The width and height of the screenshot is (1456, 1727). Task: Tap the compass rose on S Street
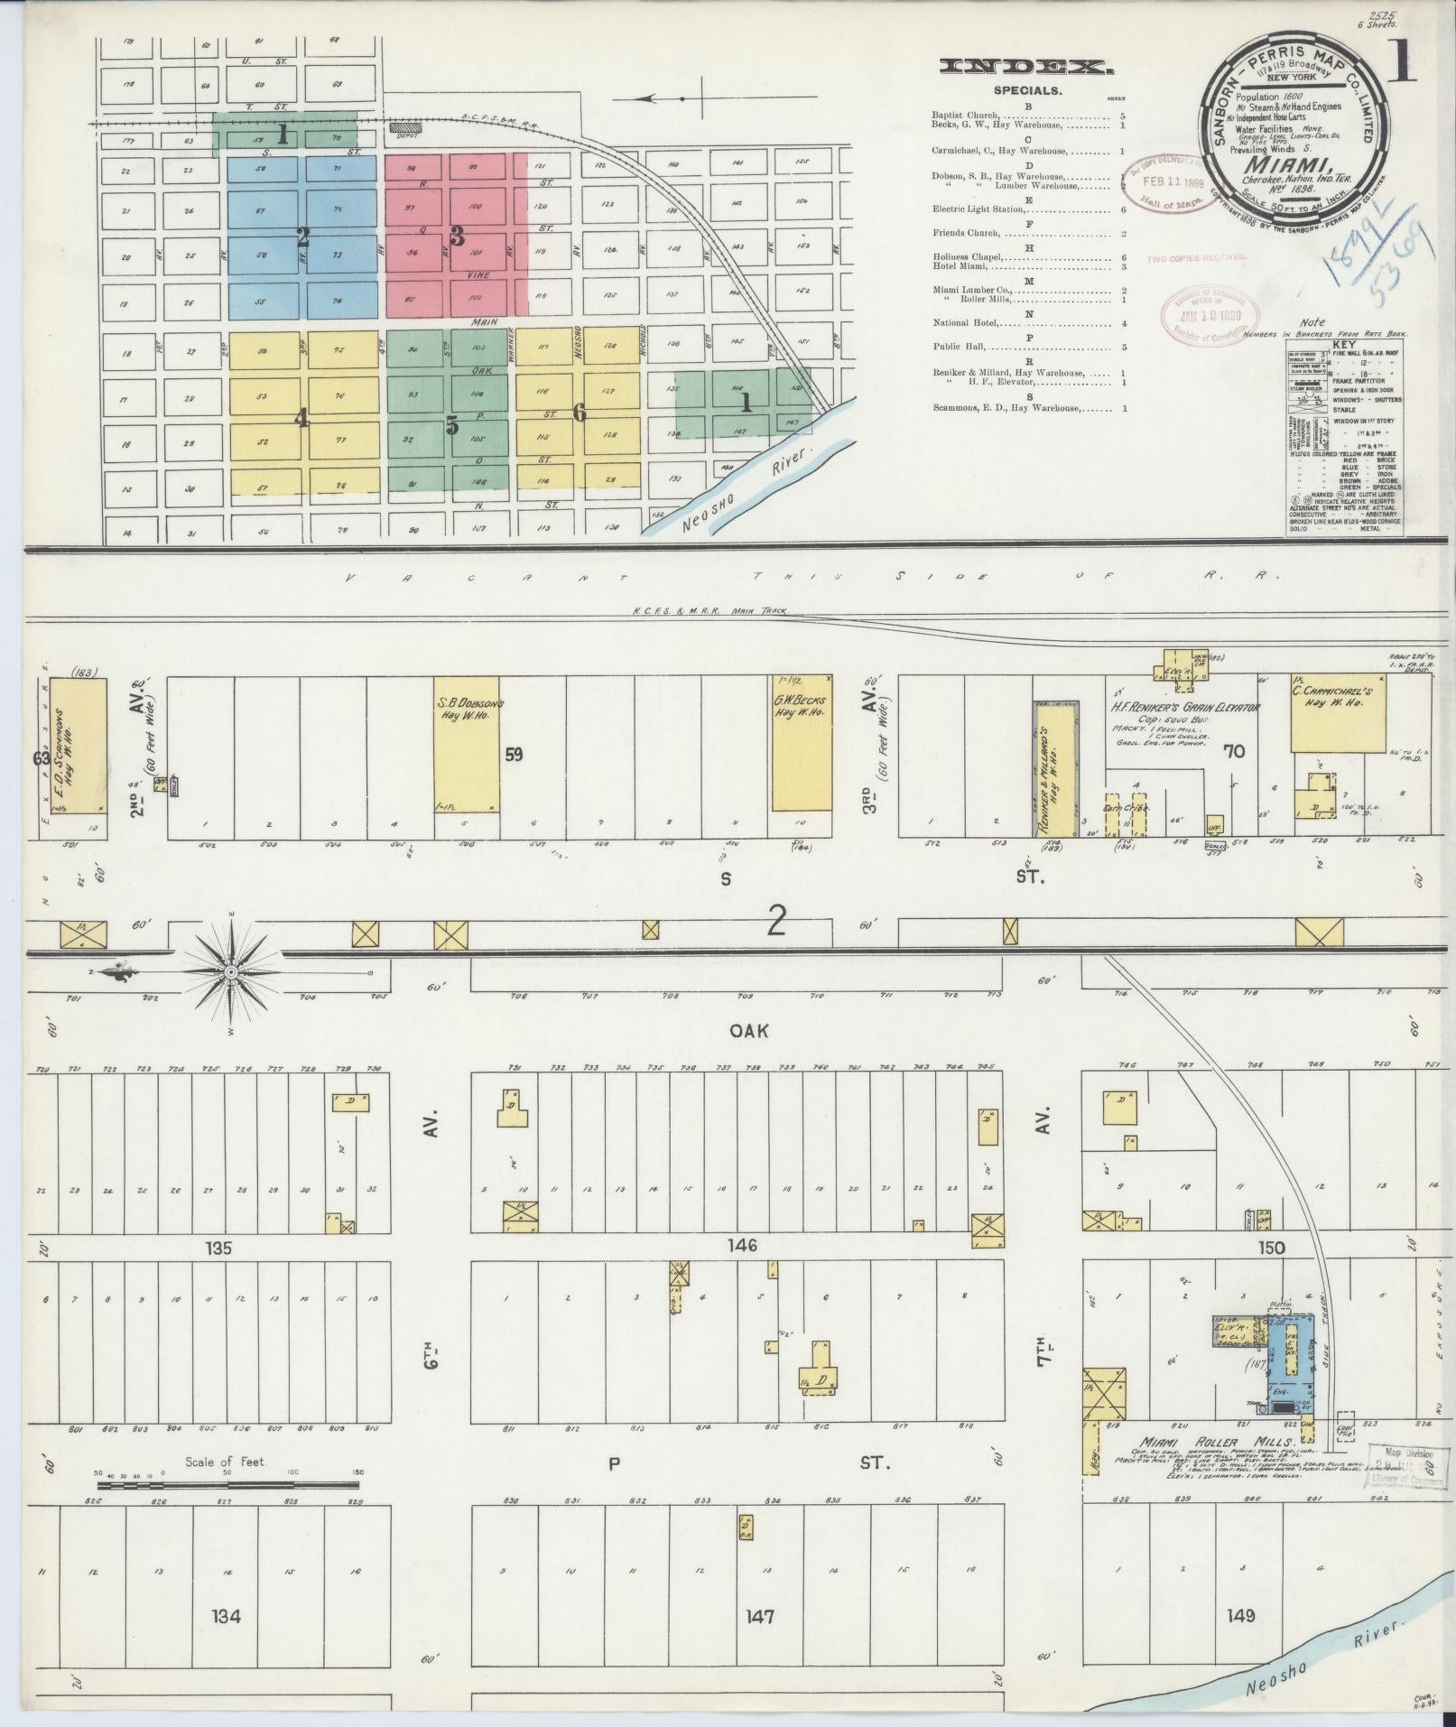[x=231, y=971]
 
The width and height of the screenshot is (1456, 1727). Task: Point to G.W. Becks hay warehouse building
[x=802, y=743]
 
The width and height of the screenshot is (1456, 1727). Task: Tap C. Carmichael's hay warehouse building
[x=1339, y=711]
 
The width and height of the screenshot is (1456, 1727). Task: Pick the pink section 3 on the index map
[x=457, y=236]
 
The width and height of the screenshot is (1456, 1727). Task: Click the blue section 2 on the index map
[x=302, y=238]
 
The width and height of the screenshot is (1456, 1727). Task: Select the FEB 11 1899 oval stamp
[x=1163, y=181]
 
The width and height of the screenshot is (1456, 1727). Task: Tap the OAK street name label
[x=749, y=1030]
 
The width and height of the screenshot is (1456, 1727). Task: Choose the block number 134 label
[x=226, y=1615]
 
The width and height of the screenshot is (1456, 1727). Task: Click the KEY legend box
[x=1345, y=443]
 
